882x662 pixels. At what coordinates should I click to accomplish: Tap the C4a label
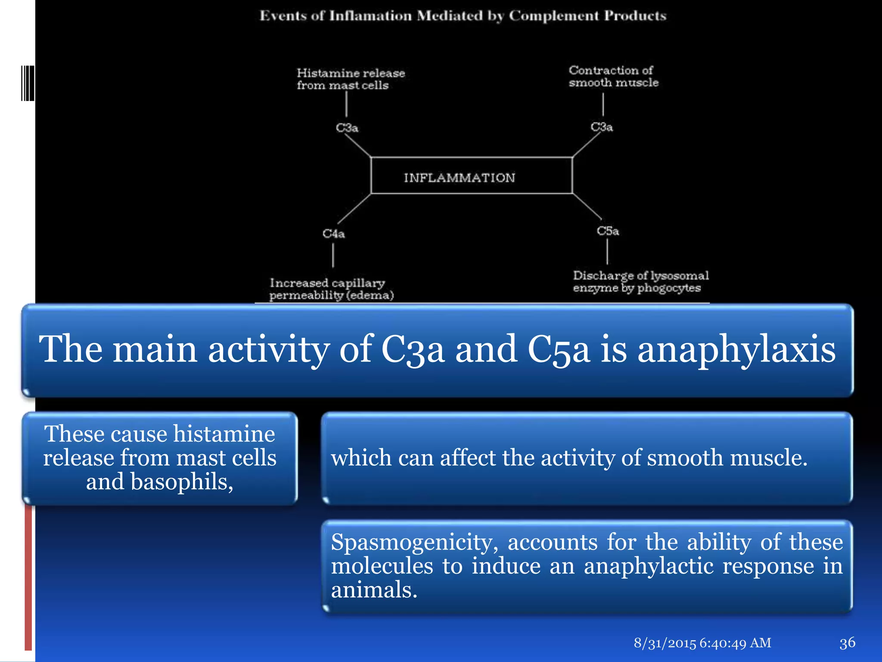[x=334, y=234]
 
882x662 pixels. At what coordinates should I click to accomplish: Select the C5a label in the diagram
[x=608, y=231]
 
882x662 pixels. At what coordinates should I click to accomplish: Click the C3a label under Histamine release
[x=347, y=128]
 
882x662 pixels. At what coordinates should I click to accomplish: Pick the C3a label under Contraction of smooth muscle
[x=602, y=127]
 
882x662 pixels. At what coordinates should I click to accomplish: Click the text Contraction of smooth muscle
[x=613, y=76]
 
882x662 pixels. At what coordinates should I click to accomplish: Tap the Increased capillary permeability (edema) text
[x=331, y=289]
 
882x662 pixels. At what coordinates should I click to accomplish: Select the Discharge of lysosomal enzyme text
[x=640, y=281]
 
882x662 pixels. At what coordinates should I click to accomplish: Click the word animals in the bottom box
[x=374, y=590]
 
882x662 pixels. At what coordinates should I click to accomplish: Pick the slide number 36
[x=847, y=643]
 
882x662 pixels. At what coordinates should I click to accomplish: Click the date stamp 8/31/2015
[x=665, y=643]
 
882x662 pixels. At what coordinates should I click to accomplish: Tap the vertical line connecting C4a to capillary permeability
[x=333, y=256]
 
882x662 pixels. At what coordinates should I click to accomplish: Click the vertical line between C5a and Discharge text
[x=607, y=251]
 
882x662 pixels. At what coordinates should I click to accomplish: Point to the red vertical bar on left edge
[x=28, y=578]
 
